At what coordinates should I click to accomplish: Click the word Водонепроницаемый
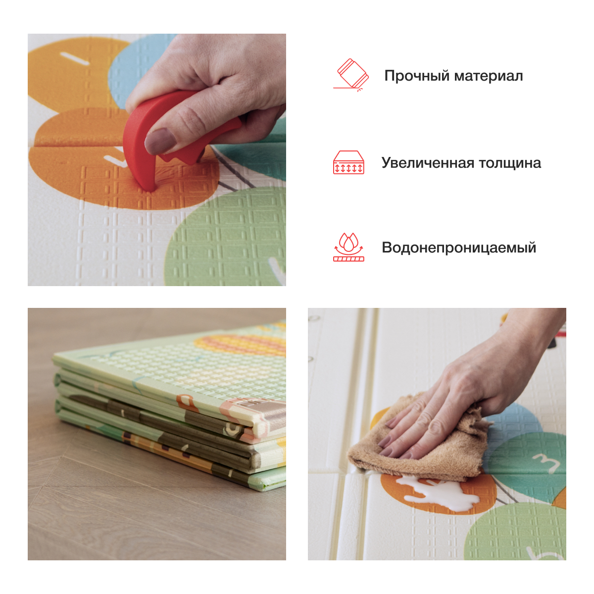(459, 247)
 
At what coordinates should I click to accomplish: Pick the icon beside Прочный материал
(351, 75)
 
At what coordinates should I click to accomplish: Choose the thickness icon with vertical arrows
(348, 162)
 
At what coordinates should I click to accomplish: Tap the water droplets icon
(348, 247)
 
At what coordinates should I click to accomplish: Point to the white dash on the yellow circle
(75, 58)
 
